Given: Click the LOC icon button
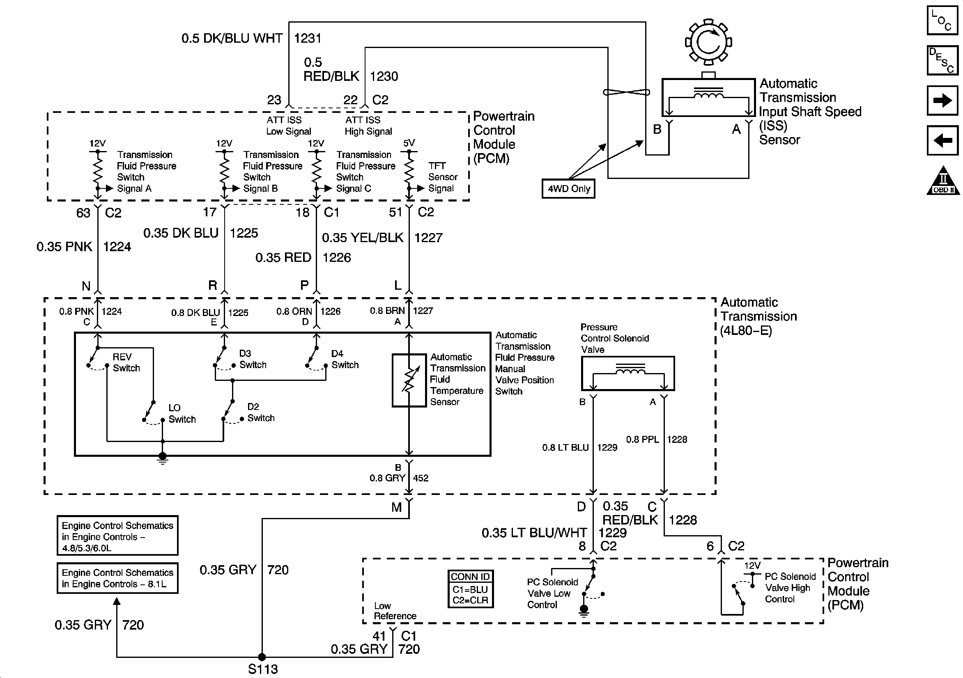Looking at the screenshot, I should coord(942,20).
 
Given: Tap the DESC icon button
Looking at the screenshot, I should coord(942,60).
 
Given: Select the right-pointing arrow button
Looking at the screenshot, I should coord(942,101).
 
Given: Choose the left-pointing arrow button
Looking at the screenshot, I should coord(942,140).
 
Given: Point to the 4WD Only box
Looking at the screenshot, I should coord(568,189).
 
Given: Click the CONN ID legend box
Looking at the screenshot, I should coord(470,589).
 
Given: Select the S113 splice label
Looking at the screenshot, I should coord(263,669).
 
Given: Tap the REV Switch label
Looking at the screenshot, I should coord(126,362).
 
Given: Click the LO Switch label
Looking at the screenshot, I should coord(182,413).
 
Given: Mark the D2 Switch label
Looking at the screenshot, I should coord(260,412).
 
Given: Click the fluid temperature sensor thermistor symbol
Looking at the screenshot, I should coord(409,380).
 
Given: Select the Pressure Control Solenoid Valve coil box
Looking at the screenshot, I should coord(628,373).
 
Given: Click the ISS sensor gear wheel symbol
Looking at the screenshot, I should coord(708,42).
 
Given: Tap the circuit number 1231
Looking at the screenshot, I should coord(308,39).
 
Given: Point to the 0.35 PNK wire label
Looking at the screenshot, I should coord(64,247).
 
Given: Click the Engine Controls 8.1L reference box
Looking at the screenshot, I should coord(117,578).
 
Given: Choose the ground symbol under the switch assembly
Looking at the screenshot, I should coord(163,458).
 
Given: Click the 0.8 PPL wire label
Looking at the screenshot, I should coord(642,440).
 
